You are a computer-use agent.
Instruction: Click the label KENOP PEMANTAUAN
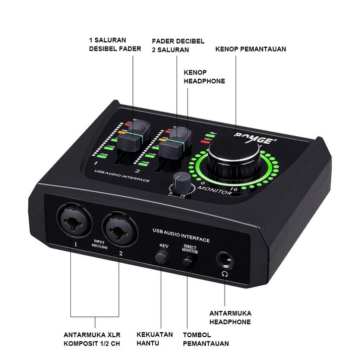coord(250,49)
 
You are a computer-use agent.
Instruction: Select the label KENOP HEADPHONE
coord(204,77)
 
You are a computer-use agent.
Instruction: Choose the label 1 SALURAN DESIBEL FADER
coord(115,45)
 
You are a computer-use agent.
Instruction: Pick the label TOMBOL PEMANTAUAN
coord(206,339)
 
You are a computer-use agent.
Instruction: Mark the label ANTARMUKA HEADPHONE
coord(230,317)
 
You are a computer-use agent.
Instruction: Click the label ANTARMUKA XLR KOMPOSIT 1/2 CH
coord(92,339)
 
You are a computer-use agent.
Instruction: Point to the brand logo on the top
coord(258,138)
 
